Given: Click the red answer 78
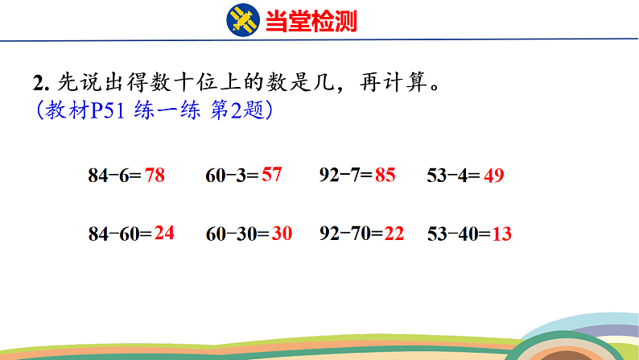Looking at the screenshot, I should point(155,175).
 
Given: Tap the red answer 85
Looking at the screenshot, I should point(385,175).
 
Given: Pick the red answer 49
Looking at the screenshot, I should point(493,175).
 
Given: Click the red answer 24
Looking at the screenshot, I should point(164,234).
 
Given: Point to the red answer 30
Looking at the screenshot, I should point(282,234).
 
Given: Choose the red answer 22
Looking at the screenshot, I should point(394,234).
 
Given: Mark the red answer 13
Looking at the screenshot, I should point(501,234).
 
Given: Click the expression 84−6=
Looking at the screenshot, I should point(115,175).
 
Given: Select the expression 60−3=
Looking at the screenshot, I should point(233,175).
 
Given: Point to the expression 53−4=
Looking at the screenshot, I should point(454,175).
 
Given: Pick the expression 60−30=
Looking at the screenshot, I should point(237,234).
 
